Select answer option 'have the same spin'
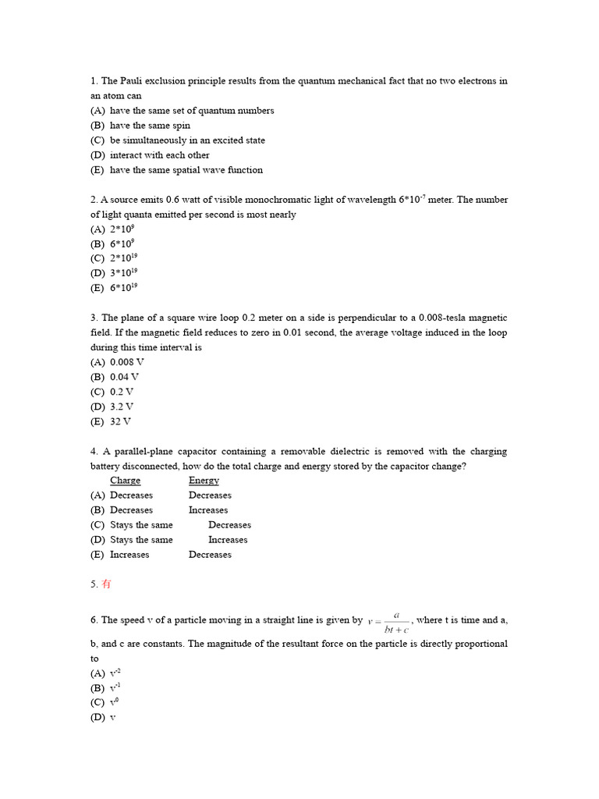pos(150,126)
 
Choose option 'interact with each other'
pos(159,155)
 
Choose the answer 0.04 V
pos(124,377)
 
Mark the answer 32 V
pos(120,421)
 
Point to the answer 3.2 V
pos(122,407)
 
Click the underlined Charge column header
pos(126,481)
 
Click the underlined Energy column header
pos(204,481)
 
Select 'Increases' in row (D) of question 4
pos(228,540)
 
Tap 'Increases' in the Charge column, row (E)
pos(129,555)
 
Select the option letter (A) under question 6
pos(97,673)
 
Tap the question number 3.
pos(94,318)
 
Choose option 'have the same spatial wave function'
pos(186,170)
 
